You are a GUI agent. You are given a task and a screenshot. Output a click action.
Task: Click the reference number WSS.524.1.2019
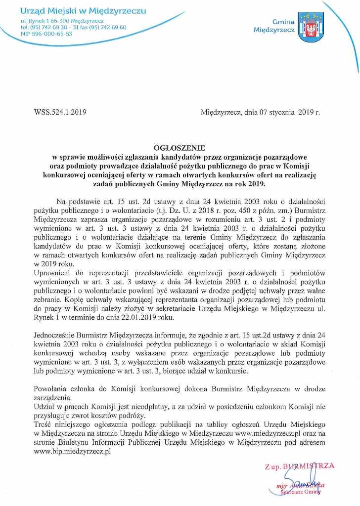click(61, 112)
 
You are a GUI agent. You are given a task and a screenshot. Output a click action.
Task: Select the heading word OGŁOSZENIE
click(180, 148)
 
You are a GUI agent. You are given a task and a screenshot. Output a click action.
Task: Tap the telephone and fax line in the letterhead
click(73, 28)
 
